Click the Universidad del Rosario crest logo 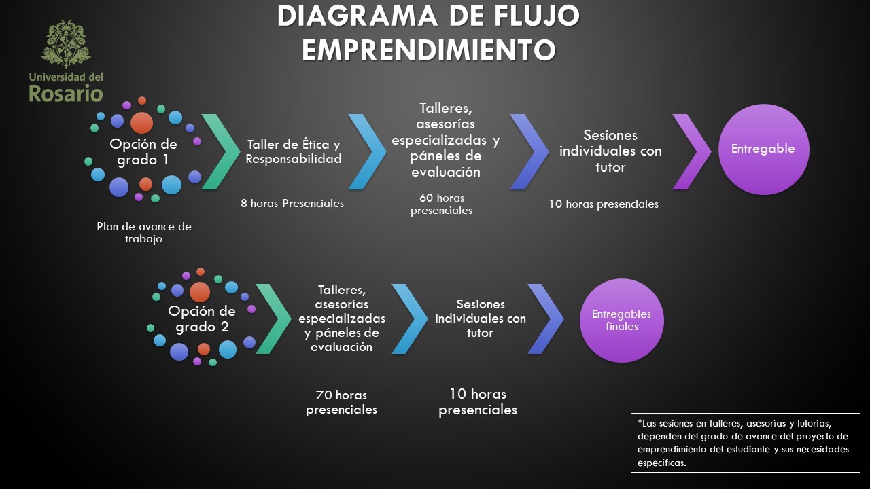[66, 45]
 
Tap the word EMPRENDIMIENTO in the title [428, 50]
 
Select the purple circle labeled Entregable [763, 149]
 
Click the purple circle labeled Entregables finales [621, 320]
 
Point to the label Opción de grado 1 [143, 152]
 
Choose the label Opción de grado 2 [202, 319]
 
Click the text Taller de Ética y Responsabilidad [294, 152]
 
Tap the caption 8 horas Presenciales [292, 204]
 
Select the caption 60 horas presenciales [441, 204]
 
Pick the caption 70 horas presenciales [341, 402]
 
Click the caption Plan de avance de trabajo [144, 233]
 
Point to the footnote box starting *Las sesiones [745, 441]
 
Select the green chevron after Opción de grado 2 [273, 319]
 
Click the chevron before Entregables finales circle [546, 319]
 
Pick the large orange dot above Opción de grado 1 [141, 123]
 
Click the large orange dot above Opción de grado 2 [200, 292]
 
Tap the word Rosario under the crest [66, 93]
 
